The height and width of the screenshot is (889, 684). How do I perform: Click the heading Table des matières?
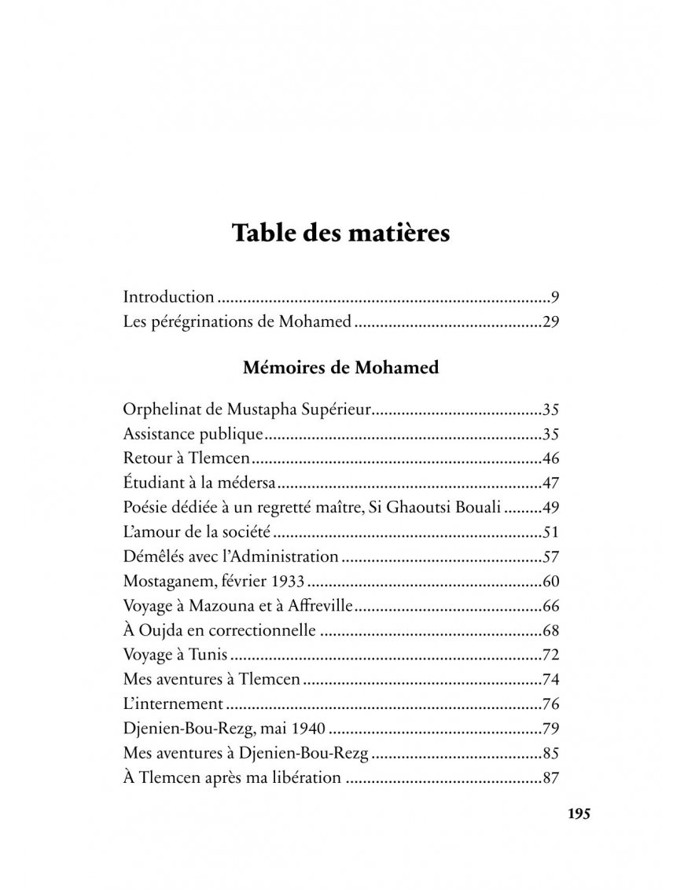pos(341,234)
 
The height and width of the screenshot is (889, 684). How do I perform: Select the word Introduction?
pos(168,297)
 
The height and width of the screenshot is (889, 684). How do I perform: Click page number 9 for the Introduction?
pos(554,297)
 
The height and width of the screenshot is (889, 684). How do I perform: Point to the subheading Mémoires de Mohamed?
pos(341,367)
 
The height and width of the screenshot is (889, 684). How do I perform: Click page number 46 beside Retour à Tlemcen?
pos(550,457)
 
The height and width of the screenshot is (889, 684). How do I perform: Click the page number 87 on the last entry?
pos(550,778)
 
